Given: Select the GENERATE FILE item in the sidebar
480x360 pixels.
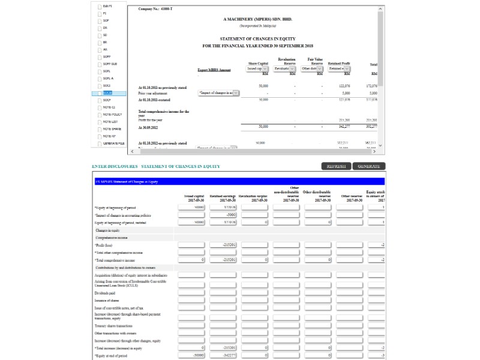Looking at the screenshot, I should click(x=113, y=143).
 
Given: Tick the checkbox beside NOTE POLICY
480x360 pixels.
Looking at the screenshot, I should click(x=100, y=115).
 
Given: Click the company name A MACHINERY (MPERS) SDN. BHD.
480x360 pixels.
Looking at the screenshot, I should click(x=258, y=19).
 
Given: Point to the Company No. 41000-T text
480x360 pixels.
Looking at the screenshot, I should click(x=155, y=8).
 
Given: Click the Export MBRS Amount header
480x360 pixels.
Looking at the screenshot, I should click(x=214, y=70).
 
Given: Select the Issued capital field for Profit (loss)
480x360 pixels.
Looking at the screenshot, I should click(x=191, y=245).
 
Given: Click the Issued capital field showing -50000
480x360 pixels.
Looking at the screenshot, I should click(x=191, y=356).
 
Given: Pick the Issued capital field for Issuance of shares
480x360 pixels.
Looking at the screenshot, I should click(x=191, y=301).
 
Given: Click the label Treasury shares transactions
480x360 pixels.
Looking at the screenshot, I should click(x=113, y=325).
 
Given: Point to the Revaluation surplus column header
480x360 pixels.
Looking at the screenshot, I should click(x=253, y=196).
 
